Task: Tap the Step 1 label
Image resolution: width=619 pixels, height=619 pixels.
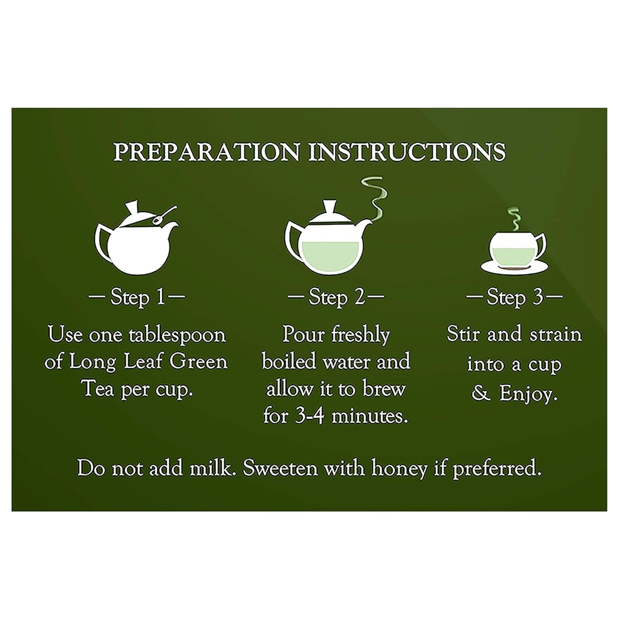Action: [136, 297]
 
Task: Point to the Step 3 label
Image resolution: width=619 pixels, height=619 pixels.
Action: [514, 297]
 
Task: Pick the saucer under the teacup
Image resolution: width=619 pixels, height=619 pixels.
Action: [514, 266]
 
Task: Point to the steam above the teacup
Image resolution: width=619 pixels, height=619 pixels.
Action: [514, 219]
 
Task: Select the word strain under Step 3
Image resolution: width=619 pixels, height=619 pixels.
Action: [551, 334]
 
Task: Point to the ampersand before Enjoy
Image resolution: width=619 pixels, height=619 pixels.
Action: [481, 395]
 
